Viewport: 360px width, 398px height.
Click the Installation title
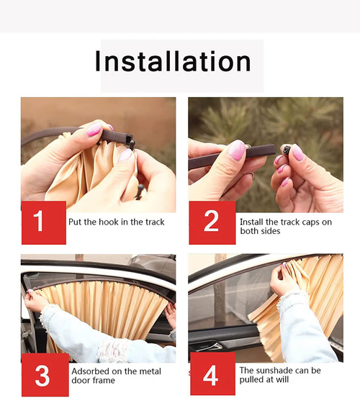[x=173, y=61]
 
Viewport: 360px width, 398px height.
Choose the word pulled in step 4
[x=253, y=381]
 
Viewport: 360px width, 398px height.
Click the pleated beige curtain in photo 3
[x=108, y=309]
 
